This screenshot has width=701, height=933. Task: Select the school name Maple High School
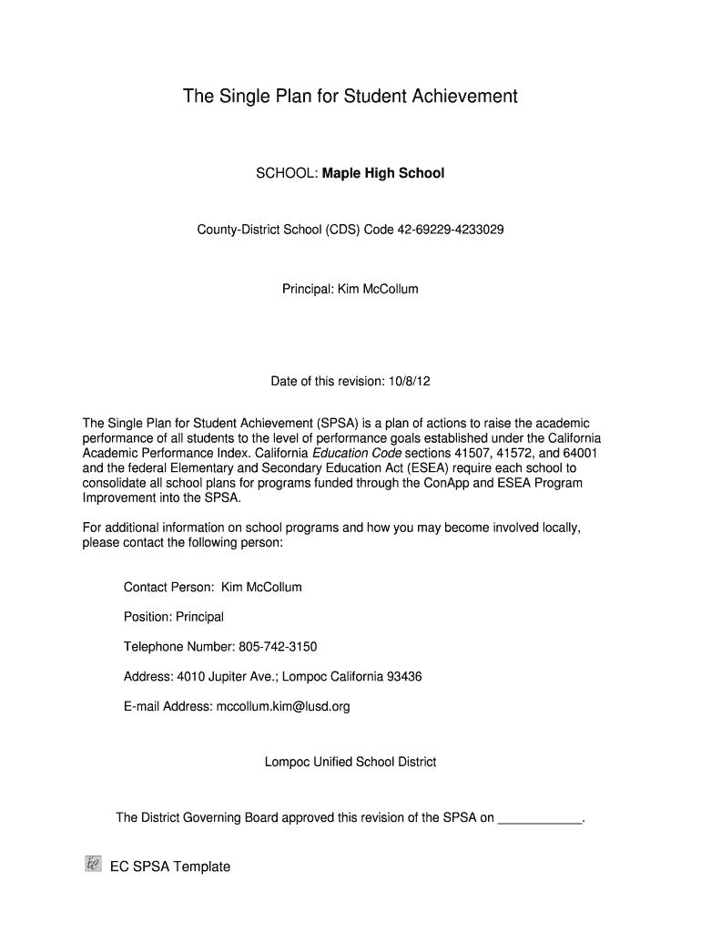(x=383, y=172)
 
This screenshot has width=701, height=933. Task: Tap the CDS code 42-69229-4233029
(x=450, y=230)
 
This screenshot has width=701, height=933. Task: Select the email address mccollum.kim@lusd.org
(x=283, y=705)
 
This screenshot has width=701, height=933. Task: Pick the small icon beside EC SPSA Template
(x=92, y=865)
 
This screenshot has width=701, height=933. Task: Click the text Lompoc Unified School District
(x=350, y=761)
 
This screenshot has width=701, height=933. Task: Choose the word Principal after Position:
(x=199, y=617)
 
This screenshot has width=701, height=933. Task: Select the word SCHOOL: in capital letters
(x=287, y=172)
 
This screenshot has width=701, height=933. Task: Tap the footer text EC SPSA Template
(x=170, y=866)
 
